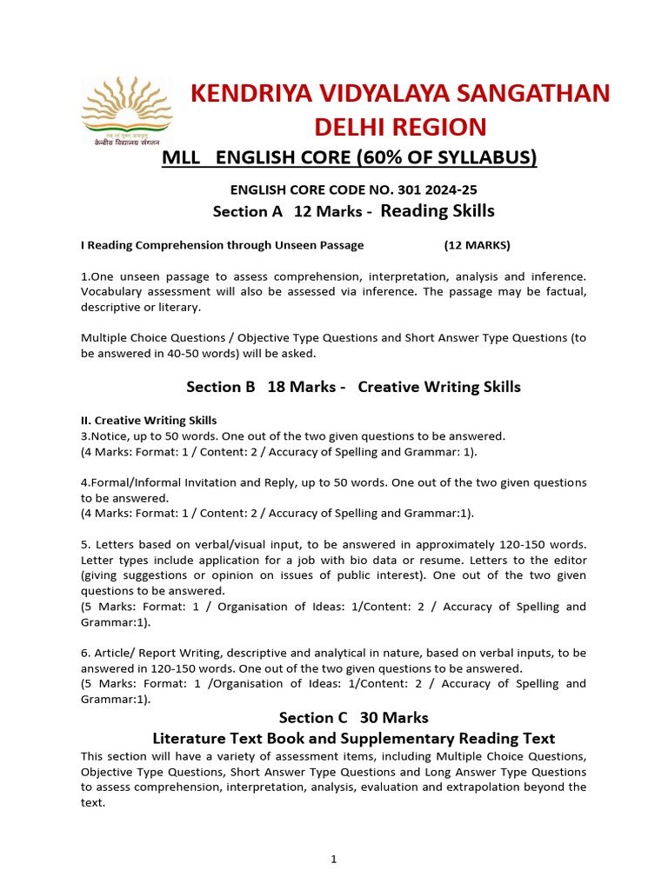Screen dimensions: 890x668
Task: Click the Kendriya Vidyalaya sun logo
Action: pyautogui.click(x=126, y=110)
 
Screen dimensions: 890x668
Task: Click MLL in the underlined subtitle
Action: pyautogui.click(x=182, y=157)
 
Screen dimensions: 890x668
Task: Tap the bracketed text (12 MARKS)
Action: pyautogui.click(x=478, y=245)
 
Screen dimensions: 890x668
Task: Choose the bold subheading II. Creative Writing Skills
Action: pyautogui.click(x=149, y=421)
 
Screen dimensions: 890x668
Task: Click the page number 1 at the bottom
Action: pyautogui.click(x=333, y=860)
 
